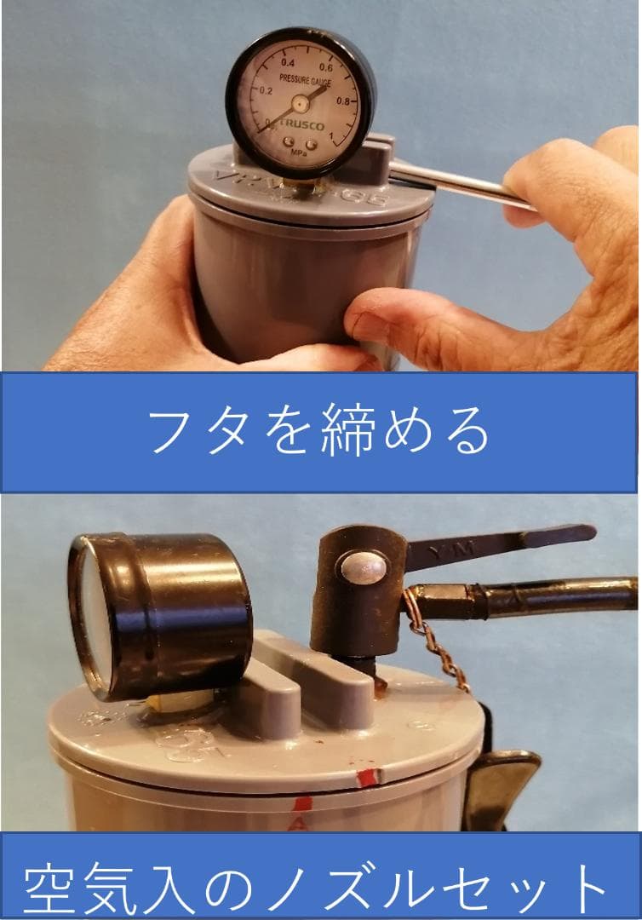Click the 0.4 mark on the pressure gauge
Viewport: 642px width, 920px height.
[x=288, y=63]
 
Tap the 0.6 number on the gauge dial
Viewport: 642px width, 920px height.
[x=325, y=66]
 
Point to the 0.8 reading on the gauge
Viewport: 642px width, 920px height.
[x=343, y=101]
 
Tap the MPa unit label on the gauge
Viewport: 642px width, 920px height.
[x=298, y=153]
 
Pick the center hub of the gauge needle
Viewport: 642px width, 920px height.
[x=299, y=104]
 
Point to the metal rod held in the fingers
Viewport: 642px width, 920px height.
[x=460, y=184]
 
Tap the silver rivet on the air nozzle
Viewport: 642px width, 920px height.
[x=364, y=567]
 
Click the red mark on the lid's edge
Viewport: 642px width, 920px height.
[x=368, y=777]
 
